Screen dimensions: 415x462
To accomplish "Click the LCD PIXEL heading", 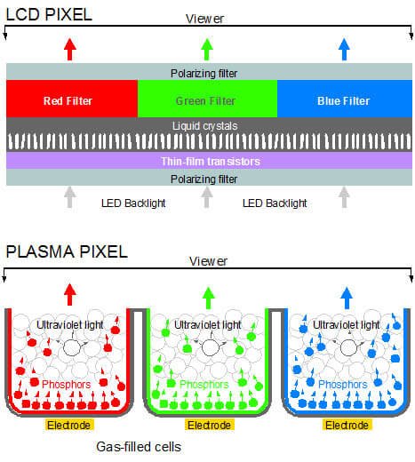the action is click(49, 14).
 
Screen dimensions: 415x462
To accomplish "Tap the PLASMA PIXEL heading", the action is click(67, 251).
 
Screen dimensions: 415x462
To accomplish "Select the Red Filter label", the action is click(68, 101).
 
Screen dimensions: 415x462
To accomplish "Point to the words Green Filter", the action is click(205, 101).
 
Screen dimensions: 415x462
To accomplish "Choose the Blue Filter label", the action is click(343, 101).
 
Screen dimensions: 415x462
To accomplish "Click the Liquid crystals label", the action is click(205, 126).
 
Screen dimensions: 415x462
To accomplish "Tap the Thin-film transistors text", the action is click(211, 162).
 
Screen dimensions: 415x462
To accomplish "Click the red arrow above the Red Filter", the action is click(70, 50).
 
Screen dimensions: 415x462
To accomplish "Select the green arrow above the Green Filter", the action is click(207, 50).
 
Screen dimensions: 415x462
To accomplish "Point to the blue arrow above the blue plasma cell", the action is click(347, 298).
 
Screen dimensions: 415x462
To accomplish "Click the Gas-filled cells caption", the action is click(139, 447).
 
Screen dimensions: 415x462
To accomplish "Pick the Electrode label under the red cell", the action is click(69, 425).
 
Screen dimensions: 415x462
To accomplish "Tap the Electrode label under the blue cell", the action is click(347, 425).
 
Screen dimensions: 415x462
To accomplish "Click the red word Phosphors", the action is click(66, 385).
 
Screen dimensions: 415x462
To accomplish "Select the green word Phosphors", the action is click(204, 385).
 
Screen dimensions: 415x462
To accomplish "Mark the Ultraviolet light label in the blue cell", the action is click(346, 325).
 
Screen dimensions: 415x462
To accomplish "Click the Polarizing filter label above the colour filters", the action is click(204, 74).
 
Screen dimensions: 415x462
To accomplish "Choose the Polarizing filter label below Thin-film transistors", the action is click(204, 179).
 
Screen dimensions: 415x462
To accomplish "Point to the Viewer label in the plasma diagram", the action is click(208, 261).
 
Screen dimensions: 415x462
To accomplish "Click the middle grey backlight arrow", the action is click(207, 197).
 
